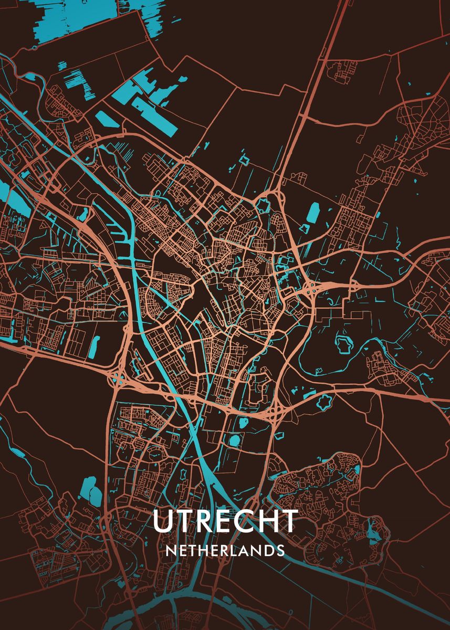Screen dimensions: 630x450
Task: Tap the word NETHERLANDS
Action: [225, 551]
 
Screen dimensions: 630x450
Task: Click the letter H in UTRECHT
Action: [267, 521]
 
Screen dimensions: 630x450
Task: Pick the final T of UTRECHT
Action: [289, 521]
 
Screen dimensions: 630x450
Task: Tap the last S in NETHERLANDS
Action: [280, 551]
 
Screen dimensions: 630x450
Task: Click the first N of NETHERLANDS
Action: [171, 551]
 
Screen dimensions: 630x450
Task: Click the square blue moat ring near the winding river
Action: [344, 345]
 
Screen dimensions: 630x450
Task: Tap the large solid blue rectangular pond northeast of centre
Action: [313, 213]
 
